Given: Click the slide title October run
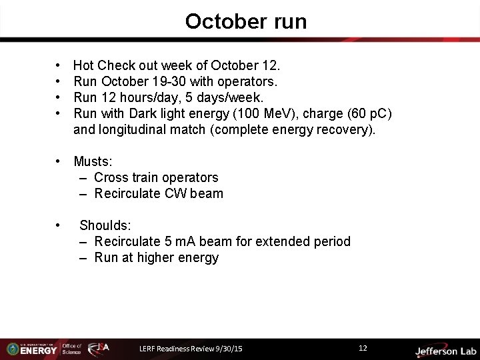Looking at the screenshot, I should [x=246, y=22].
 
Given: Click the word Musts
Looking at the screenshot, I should [x=92, y=161].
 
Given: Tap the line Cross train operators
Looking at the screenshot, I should [x=156, y=177].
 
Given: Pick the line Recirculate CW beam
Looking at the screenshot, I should [x=159, y=193].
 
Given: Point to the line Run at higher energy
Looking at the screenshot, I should [x=156, y=257].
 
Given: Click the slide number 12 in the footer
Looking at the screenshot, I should [x=363, y=348].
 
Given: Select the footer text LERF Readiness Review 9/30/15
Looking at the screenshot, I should [x=191, y=349].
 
